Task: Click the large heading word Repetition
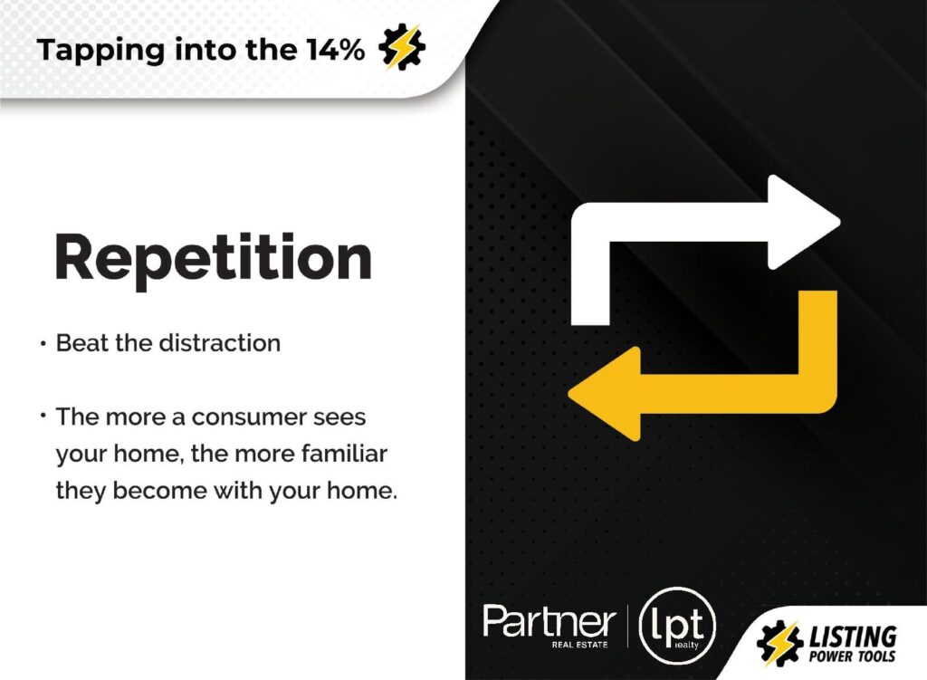213,258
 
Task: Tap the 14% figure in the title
335,50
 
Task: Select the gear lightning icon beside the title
402,47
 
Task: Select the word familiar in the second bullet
344,454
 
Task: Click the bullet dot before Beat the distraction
43,343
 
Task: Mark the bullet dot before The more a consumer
43,415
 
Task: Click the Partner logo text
550,621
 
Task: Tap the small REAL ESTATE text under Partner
579,645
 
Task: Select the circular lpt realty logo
677,625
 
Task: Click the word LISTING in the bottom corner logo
852,637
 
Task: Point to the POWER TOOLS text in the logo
852,656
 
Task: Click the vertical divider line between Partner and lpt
627,627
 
